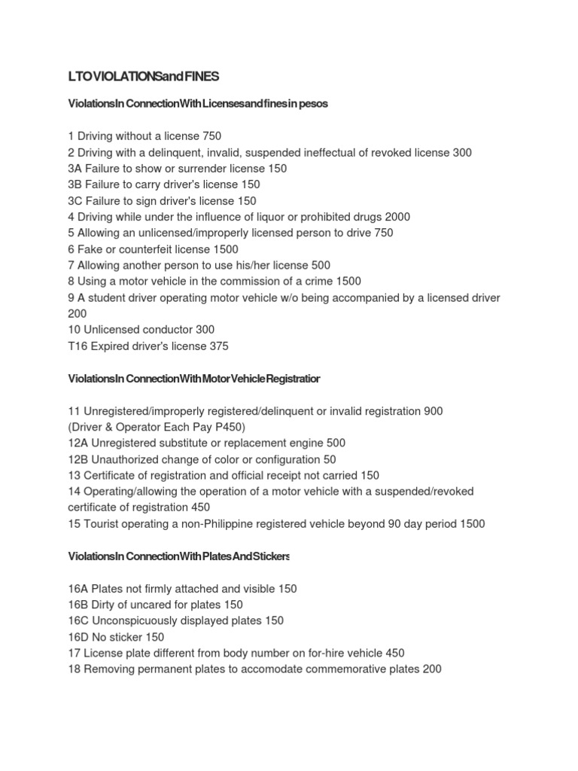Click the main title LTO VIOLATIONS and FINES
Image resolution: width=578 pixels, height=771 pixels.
pyautogui.click(x=143, y=77)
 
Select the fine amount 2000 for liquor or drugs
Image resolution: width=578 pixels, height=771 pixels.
pyautogui.click(x=397, y=217)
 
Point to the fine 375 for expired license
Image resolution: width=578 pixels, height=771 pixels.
pyautogui.click(x=218, y=346)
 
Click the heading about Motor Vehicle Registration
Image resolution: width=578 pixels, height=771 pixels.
pyautogui.click(x=193, y=379)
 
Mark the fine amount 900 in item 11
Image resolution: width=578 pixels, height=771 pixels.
pyautogui.click(x=433, y=411)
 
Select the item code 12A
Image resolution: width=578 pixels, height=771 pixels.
pyautogui.click(x=78, y=443)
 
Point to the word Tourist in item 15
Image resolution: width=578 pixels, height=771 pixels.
pyautogui.click(x=105, y=524)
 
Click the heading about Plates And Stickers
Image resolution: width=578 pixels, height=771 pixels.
pyautogui.click(x=178, y=556)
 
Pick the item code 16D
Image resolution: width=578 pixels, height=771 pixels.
pyautogui.click(x=78, y=637)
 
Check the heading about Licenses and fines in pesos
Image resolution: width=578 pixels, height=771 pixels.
pyautogui.click(x=198, y=104)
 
